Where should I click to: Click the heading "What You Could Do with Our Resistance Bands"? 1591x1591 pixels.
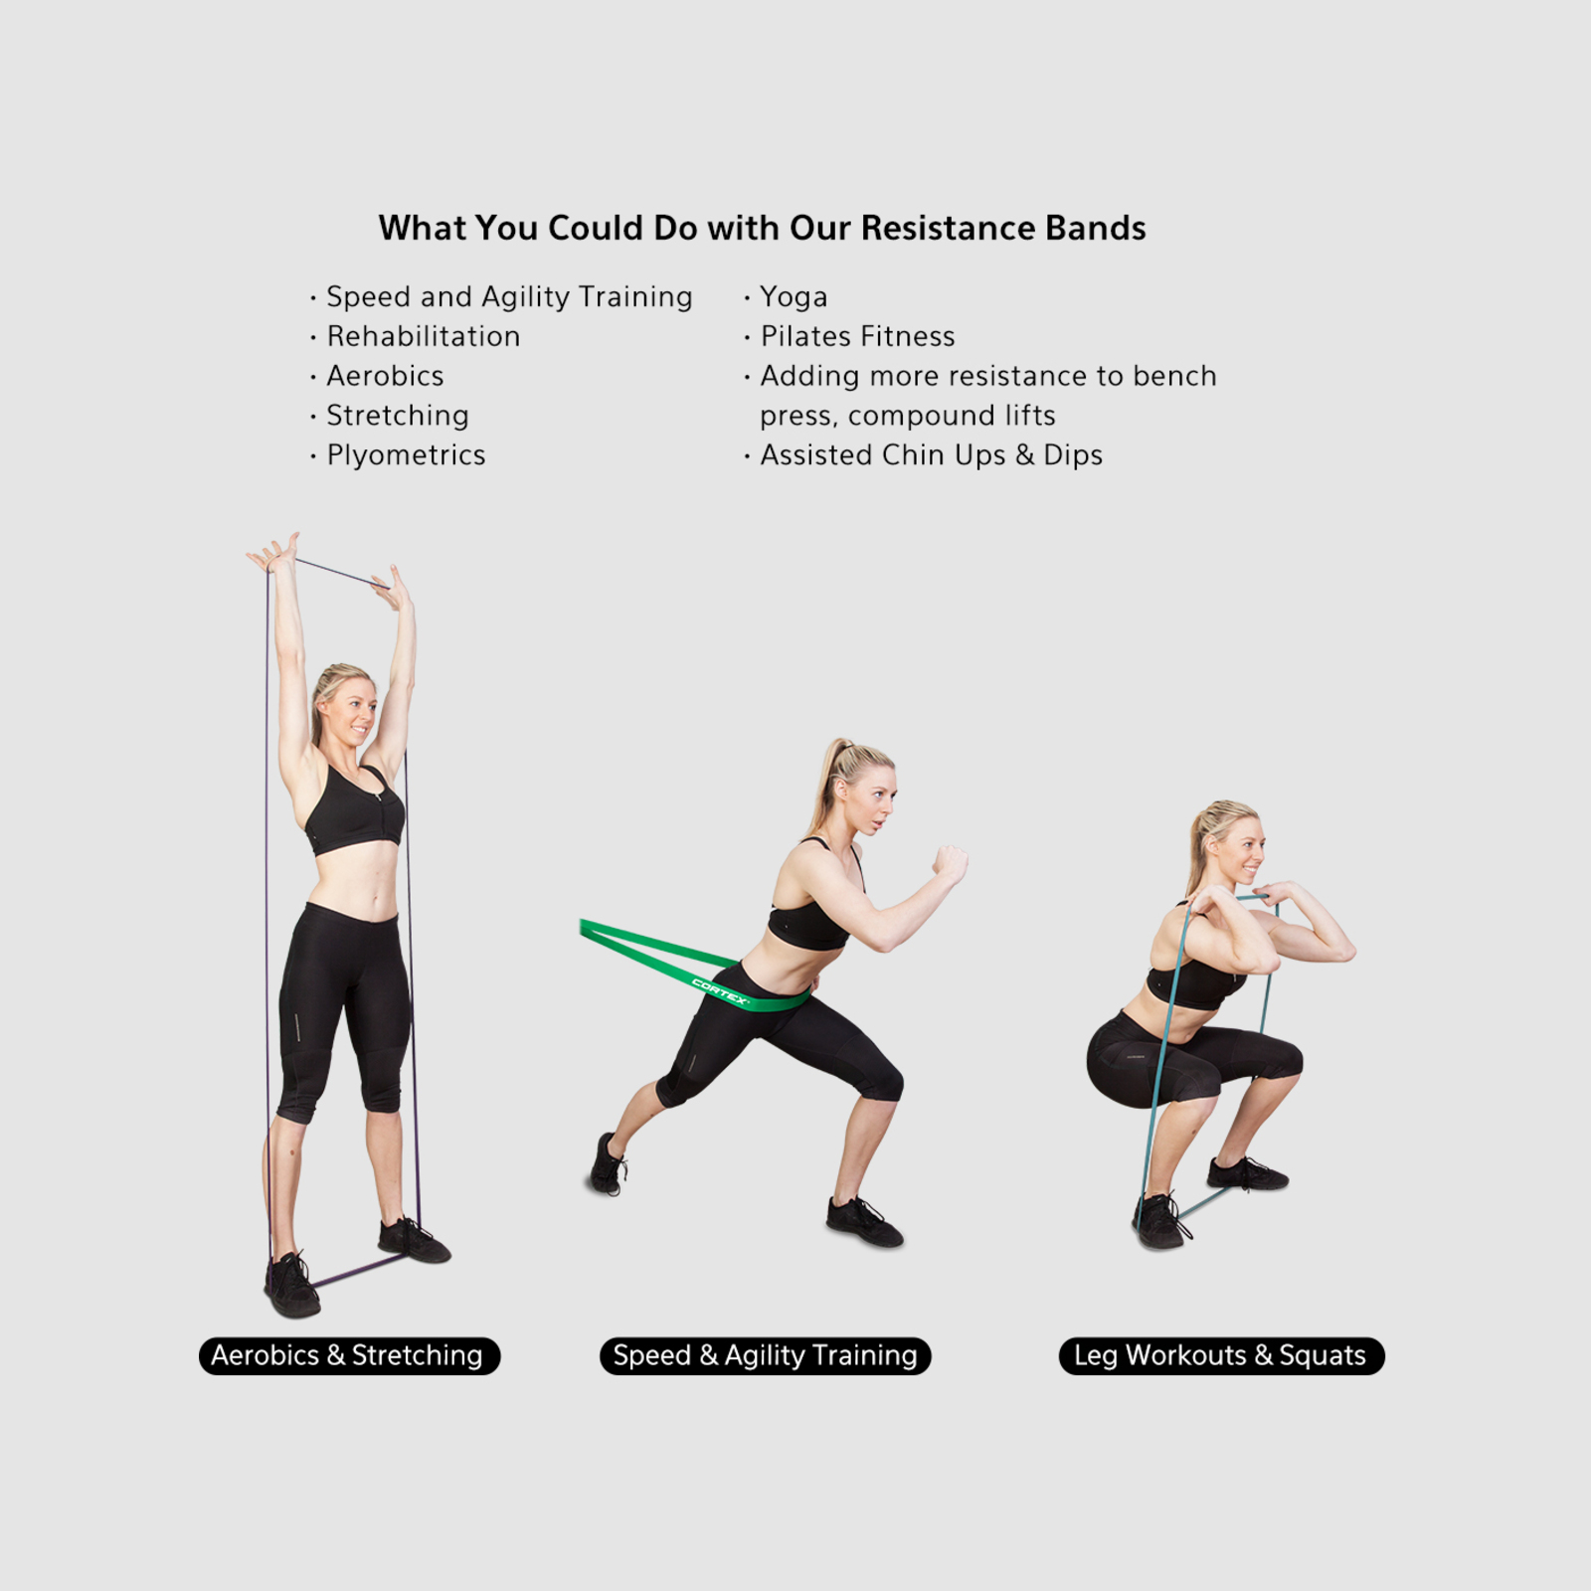tap(762, 228)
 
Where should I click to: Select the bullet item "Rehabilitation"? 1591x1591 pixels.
tap(423, 336)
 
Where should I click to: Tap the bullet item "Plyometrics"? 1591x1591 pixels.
tap(406, 455)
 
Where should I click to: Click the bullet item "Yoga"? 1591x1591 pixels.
tap(794, 297)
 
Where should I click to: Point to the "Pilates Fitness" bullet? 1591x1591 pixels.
tap(857, 336)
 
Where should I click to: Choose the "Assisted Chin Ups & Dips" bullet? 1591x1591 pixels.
tap(931, 455)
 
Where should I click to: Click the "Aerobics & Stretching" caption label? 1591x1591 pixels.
tap(349, 1355)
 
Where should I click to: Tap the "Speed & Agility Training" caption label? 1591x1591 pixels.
tap(765, 1355)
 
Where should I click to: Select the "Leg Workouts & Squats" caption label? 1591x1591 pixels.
tap(1221, 1355)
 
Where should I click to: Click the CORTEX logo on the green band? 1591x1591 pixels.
tap(720, 991)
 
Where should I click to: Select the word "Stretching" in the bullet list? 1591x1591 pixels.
tap(398, 416)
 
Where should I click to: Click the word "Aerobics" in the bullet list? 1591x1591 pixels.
tap(385, 376)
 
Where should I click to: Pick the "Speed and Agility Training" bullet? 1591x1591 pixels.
tap(509, 297)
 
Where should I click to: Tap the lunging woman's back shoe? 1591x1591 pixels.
tap(607, 1164)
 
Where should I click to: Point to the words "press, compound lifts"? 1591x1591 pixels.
tap(907, 416)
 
